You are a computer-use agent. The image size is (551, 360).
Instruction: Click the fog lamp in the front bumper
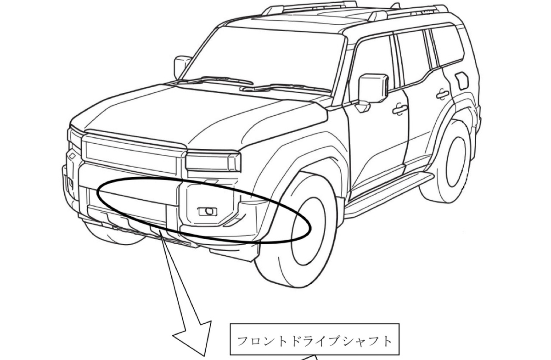pyautogui.click(x=208, y=211)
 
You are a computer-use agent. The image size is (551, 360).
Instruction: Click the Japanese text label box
pyautogui.click(x=315, y=339)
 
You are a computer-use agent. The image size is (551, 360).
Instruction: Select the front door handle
pyautogui.click(x=400, y=109)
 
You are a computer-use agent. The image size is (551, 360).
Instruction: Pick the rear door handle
pyautogui.click(x=443, y=94)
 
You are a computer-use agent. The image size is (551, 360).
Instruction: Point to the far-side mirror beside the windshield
pyautogui.click(x=181, y=67)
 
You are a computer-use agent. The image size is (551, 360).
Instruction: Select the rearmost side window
pyautogui.click(x=446, y=48)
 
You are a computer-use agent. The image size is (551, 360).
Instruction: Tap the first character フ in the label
pyautogui.click(x=243, y=341)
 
